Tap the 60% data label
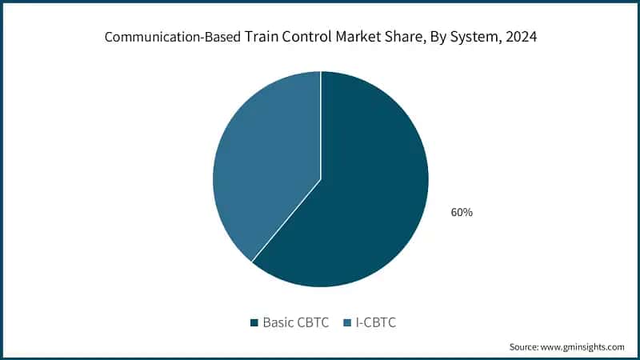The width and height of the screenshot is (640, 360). pos(462,212)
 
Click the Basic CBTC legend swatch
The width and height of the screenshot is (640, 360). pos(254,322)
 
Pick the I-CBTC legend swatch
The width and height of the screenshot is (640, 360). pos(347,322)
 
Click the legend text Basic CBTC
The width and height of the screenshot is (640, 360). pos(297,322)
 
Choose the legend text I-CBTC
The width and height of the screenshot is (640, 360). pos(376,322)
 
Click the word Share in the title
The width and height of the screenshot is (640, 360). pos(405,37)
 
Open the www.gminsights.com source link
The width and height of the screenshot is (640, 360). pos(585,346)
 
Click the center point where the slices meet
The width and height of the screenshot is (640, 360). pos(321,178)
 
